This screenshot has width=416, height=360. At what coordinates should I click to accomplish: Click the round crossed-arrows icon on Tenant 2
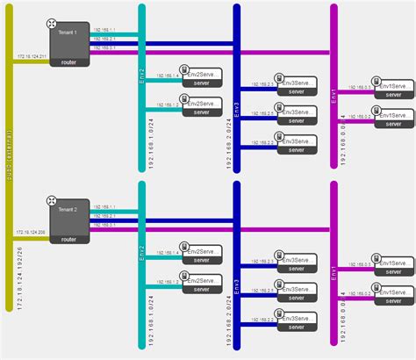(52, 203)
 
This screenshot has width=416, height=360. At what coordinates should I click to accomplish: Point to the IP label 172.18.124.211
(32, 56)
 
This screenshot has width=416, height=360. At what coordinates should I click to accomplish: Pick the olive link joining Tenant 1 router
(32, 62)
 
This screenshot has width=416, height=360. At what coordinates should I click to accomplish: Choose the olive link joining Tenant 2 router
(32, 239)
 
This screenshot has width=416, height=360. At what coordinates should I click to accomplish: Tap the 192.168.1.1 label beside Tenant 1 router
(103, 30)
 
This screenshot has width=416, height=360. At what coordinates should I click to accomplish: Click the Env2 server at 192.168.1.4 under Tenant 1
(200, 76)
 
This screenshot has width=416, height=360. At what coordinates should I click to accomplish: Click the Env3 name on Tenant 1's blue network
(236, 110)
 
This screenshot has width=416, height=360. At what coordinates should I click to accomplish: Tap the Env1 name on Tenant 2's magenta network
(334, 274)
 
